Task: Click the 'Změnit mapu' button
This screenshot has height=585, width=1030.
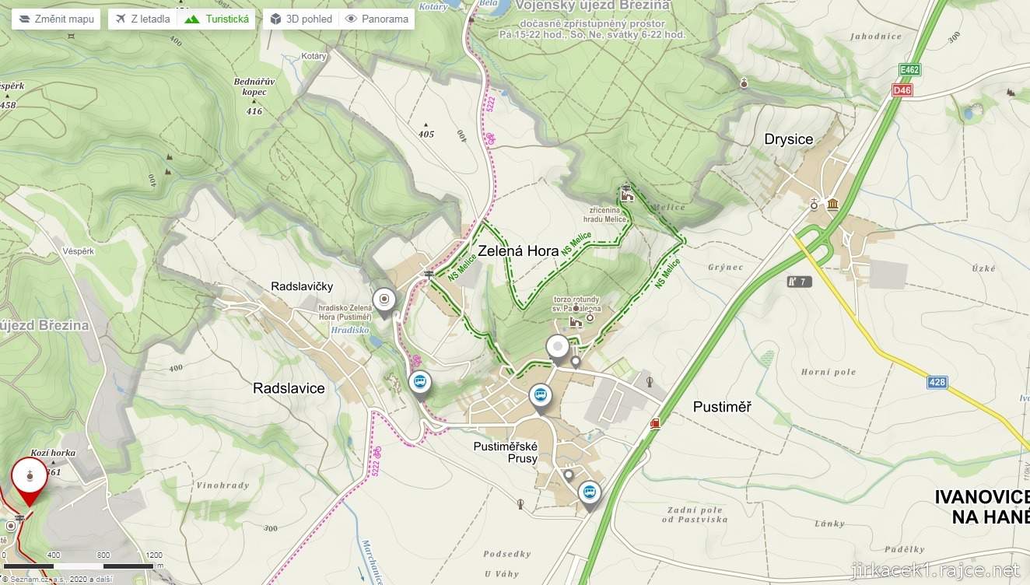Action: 55,19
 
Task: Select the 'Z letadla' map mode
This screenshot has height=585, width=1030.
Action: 142,19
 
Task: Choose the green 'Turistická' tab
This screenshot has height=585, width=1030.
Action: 217,19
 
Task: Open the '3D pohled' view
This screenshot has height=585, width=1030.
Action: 300,19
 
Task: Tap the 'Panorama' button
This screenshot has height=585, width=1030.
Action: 377,19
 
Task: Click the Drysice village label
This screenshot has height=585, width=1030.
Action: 788,139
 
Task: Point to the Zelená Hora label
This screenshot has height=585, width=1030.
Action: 518,250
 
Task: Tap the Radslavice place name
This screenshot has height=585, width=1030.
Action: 289,388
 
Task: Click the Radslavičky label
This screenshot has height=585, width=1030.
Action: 302,287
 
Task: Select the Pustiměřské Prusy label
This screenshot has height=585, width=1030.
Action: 506,452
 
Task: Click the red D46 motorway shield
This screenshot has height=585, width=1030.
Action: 902,90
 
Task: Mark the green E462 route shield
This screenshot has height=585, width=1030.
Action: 909,70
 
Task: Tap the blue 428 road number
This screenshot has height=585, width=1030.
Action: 937,382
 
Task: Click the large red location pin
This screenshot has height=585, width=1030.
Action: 30,478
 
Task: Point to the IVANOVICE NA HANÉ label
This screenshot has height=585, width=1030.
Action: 982,506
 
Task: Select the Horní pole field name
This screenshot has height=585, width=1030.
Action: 829,372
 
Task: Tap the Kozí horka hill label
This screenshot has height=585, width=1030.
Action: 53,452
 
